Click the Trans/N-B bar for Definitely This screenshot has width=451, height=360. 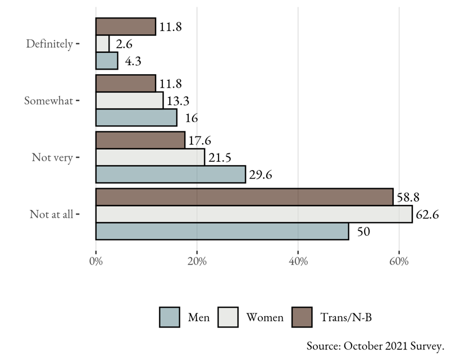pos(126,26)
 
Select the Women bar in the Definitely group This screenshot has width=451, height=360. pos(103,44)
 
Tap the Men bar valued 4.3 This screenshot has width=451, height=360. pos(107,61)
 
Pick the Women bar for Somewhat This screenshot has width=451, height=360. pos(130,101)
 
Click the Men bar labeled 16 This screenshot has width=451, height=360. pos(136,117)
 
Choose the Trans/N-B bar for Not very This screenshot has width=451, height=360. pos(140,140)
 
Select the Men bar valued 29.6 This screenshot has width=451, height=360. pos(171,174)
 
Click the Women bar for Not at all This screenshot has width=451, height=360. pos(254,214)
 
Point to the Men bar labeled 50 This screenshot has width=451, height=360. pos(222,231)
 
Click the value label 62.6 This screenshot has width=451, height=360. pos(427,215)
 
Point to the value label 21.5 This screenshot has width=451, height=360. pos(220,158)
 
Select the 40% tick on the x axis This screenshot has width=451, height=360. pos(298,261)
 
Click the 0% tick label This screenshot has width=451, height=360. pos(96,261)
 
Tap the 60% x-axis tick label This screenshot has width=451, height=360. pos(399,261)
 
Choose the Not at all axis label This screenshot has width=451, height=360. pos(51,214)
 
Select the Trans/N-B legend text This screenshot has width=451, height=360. pos(345,317)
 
